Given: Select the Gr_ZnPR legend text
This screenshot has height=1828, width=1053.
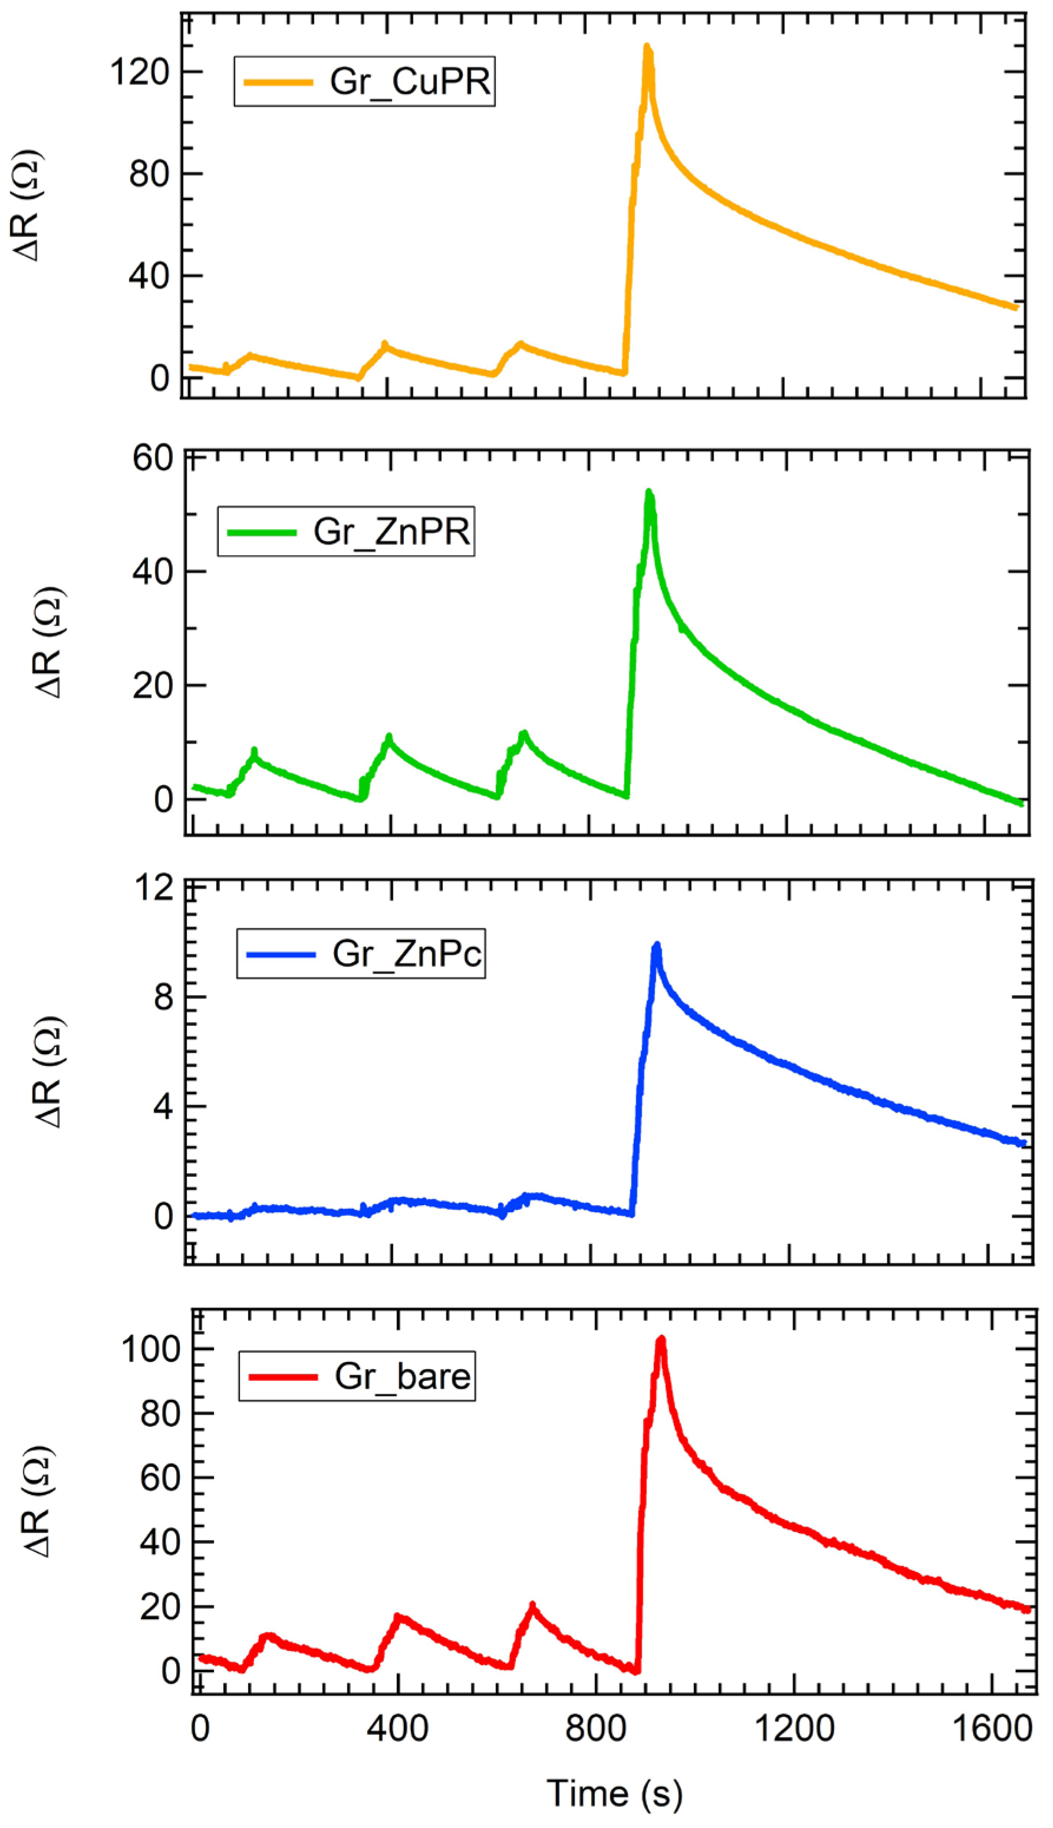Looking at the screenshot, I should click(392, 531).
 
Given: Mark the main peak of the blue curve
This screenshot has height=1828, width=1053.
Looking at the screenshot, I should click(657, 946).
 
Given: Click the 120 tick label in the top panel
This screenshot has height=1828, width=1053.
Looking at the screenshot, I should click(139, 73).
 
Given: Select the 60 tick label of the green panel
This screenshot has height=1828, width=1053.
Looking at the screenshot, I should click(153, 458).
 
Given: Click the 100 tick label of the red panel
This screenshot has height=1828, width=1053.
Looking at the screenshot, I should click(150, 1349).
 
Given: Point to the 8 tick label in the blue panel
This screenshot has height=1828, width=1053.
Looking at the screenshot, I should click(163, 997).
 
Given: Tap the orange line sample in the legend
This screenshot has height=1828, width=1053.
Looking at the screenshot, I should click(278, 82).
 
